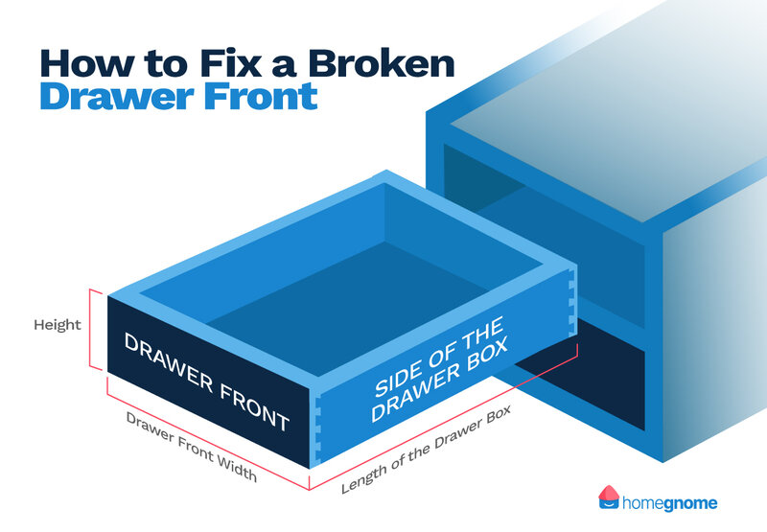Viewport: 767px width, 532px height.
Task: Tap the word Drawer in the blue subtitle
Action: pos(117,95)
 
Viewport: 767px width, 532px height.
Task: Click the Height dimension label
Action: pos(58,325)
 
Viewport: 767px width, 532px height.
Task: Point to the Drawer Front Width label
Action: pos(191,446)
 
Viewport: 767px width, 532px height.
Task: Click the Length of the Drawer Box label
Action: pos(426,449)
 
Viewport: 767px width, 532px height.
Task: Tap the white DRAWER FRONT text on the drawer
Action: pos(206,382)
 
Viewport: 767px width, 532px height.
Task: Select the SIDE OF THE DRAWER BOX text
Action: pos(439,369)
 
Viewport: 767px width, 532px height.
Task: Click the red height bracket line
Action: pos(90,329)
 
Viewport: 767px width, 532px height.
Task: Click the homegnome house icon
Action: pos(609,497)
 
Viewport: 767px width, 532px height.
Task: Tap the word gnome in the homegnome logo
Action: pos(686,503)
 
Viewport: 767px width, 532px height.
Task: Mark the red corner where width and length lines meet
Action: pos(309,490)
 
